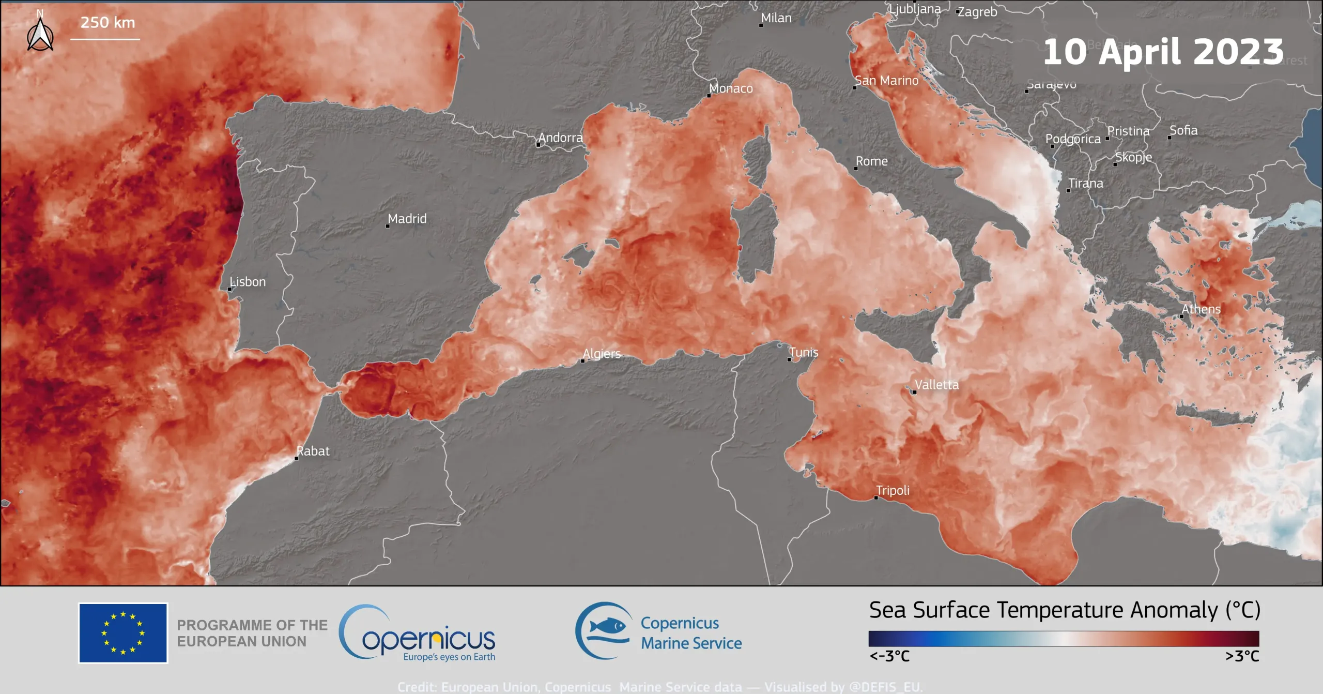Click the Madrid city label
(x=407, y=219)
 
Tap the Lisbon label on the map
(x=248, y=282)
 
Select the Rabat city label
(x=313, y=451)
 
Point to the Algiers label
(x=602, y=354)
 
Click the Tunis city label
(x=804, y=352)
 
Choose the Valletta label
(x=936, y=385)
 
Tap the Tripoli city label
(x=893, y=490)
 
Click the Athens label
(x=1201, y=309)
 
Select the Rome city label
(x=872, y=161)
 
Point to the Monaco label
(x=731, y=88)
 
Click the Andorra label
(x=561, y=138)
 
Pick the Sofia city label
(x=1183, y=130)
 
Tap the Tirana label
(x=1086, y=184)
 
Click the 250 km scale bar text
(x=107, y=23)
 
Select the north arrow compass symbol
(x=40, y=34)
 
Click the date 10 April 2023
(x=1163, y=52)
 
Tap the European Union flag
(x=123, y=633)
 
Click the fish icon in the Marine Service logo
(x=608, y=627)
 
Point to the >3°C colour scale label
(x=1242, y=656)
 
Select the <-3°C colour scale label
(x=889, y=656)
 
